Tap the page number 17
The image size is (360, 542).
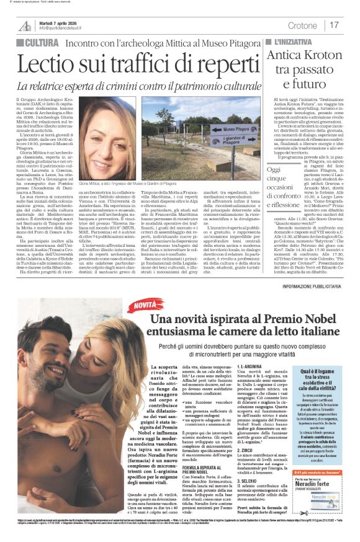click(x=334, y=25)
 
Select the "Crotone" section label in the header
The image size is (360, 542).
click(x=302, y=25)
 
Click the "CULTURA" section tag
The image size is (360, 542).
click(x=39, y=43)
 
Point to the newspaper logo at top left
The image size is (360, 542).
click(x=25, y=25)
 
